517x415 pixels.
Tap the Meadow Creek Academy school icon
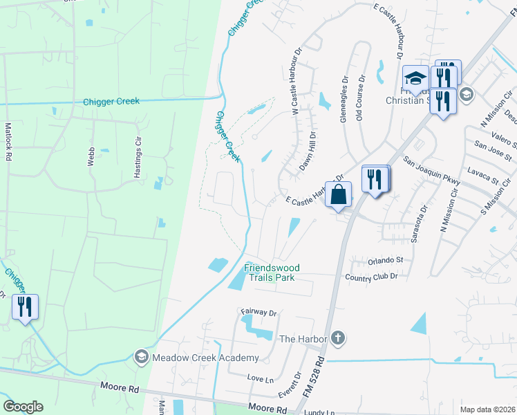[x=141, y=357]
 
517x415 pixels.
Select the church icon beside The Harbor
[x=337, y=338]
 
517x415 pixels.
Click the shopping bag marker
[x=338, y=195]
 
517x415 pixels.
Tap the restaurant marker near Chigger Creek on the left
[x=26, y=308]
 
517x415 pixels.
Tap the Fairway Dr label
[x=258, y=313]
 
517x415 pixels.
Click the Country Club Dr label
[x=371, y=277]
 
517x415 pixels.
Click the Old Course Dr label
[x=359, y=104]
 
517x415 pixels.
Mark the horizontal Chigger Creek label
[x=111, y=102]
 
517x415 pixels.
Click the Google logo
[x=23, y=407]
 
